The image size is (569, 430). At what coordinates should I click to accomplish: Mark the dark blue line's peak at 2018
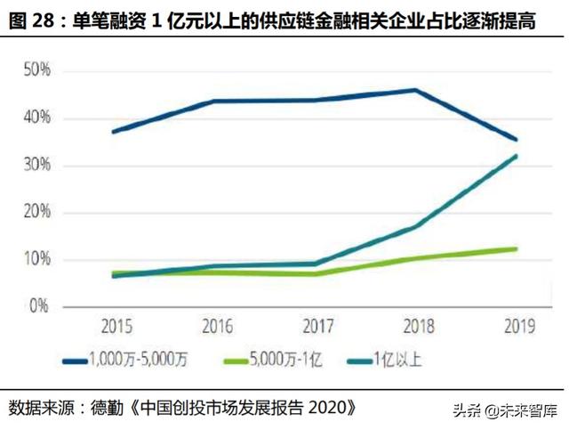pos(416,90)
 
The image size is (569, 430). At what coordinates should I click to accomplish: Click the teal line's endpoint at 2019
pos(516,157)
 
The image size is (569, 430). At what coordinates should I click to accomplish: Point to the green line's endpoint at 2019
pos(516,248)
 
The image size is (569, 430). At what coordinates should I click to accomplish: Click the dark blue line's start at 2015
pos(114,132)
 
